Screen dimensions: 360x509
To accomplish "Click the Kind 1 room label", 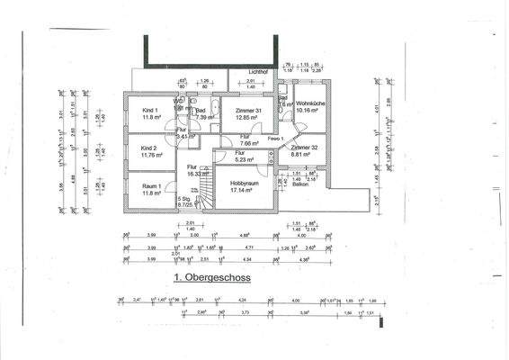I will pos(149,111).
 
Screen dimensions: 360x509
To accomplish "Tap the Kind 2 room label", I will pos(149,148).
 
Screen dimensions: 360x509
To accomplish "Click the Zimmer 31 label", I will pos(247,111).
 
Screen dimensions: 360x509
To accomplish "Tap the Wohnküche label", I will pos(310,104).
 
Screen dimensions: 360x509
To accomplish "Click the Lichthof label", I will pos(246,71).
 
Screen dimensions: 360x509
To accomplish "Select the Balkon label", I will pos(300,184).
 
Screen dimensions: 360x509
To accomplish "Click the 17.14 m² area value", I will pos(245,190).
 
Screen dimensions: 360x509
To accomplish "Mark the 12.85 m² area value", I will pos(247,118).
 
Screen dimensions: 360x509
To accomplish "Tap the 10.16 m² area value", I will pos(310,112).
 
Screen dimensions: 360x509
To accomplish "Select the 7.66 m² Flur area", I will pos(249,143).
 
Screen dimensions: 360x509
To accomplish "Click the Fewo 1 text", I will pos(275,139).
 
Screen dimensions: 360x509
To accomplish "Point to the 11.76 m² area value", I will pos(149,155).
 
